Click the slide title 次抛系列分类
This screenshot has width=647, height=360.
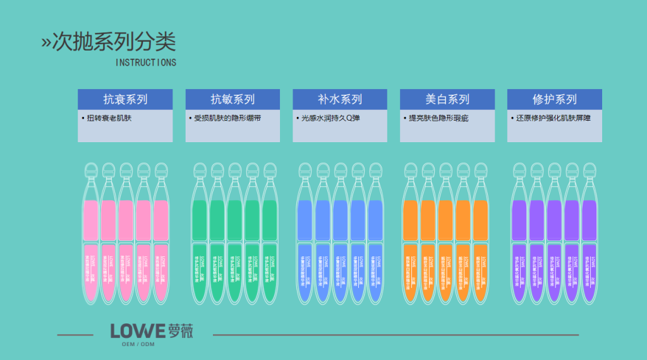coord(114,42)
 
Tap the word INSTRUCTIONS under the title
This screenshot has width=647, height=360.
coord(146,63)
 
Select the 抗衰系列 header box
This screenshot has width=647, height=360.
coord(125,99)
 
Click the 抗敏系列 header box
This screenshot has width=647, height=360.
coord(233,99)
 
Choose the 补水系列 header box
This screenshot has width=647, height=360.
coord(340,99)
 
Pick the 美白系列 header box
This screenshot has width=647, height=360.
coord(447,99)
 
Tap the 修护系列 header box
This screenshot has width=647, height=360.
coord(555,99)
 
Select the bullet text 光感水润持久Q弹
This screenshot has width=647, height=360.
coord(330,118)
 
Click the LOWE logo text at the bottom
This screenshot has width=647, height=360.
coord(138,331)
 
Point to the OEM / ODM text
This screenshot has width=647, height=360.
coord(138,344)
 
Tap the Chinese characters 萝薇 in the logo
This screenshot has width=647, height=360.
coord(181,330)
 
